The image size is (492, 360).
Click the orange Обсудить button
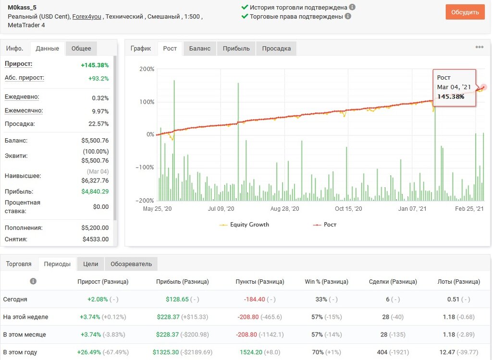(x=465, y=12)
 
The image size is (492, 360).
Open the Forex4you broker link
(x=86, y=17)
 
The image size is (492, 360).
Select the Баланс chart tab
(x=199, y=48)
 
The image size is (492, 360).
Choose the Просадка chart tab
(x=276, y=48)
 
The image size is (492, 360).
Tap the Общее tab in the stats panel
(x=81, y=48)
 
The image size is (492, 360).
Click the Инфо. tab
(x=15, y=48)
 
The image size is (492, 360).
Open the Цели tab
(x=91, y=264)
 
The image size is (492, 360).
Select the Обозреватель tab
(x=131, y=264)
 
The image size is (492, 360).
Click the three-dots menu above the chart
(x=480, y=47)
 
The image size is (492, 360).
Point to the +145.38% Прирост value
(x=95, y=65)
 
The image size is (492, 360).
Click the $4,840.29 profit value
(x=95, y=192)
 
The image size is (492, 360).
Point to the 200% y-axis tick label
(x=147, y=69)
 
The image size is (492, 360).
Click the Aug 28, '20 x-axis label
(x=284, y=209)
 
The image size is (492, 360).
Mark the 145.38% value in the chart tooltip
(x=451, y=96)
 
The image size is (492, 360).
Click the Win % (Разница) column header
(x=327, y=282)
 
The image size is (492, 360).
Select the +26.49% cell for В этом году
(x=89, y=352)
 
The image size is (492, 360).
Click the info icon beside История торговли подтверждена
(x=352, y=7)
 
